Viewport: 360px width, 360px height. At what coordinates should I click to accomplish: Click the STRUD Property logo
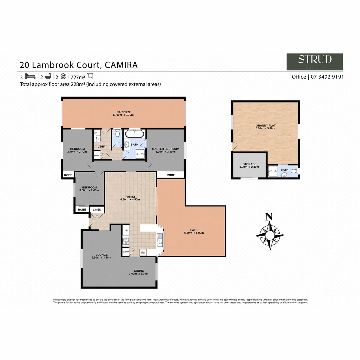tap(315, 62)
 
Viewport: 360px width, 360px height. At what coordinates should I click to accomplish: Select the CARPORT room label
tap(123, 112)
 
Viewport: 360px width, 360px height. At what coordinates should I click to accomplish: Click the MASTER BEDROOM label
tap(166, 149)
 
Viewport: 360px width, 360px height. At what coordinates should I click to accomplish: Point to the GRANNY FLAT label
tap(265, 125)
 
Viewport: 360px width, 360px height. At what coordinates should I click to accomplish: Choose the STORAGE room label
tap(249, 164)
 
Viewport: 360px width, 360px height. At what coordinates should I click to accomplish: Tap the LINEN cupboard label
tap(97, 210)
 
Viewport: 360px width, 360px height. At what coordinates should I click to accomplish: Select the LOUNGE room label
tap(101, 254)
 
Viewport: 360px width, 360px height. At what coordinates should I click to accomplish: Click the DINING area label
tap(139, 271)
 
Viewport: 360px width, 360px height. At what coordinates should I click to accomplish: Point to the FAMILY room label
tap(130, 196)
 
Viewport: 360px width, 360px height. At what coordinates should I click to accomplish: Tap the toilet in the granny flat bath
tap(294, 171)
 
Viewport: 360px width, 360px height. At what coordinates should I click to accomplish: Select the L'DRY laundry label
tap(101, 147)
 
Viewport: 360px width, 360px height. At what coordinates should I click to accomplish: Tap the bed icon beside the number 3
tap(30, 76)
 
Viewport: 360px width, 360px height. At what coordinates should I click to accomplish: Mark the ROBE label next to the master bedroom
tap(171, 175)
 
